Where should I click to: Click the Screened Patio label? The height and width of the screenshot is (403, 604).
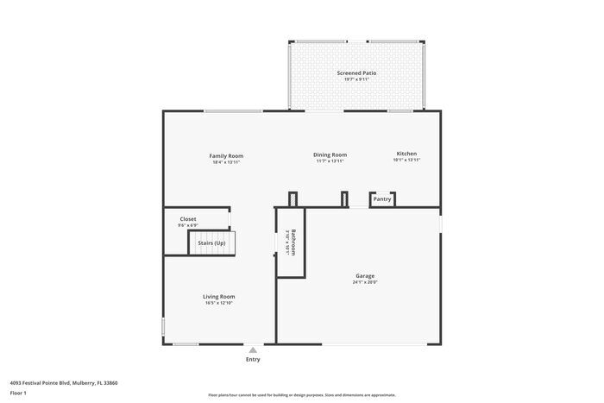point(356,73)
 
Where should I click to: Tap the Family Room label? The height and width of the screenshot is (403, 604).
point(226,155)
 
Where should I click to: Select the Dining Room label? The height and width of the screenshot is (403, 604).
point(330,154)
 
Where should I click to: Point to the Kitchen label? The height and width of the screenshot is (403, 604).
point(406,154)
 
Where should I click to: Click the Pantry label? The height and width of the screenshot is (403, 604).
point(382,199)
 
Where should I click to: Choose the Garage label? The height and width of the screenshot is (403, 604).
point(364,276)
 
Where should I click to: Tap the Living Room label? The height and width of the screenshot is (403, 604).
point(218,296)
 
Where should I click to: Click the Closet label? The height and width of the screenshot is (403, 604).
point(188,219)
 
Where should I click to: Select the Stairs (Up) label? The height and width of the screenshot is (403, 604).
point(211,243)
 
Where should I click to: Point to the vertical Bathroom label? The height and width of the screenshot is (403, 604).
point(293,242)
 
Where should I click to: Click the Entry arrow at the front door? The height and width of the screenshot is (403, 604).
point(252,350)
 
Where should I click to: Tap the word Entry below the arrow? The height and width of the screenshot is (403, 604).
point(252,359)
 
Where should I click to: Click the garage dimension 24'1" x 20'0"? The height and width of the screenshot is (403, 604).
point(364,282)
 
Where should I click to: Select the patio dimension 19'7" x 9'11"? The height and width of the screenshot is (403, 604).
point(356,80)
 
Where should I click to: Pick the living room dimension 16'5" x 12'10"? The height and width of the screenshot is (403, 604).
point(218,303)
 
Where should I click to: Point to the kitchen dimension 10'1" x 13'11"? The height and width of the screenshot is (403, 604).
point(406,161)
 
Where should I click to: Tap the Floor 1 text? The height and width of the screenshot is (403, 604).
point(19,393)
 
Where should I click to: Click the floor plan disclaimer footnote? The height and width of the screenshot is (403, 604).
point(301,394)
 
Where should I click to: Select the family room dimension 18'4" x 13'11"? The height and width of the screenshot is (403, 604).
point(226,161)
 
